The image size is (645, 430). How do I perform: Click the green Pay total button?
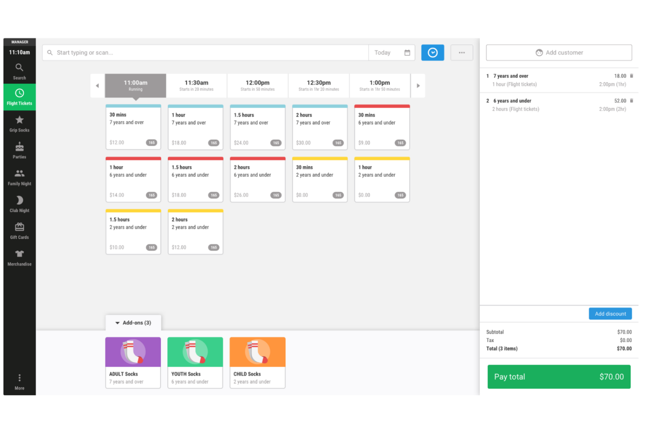coord(558,376)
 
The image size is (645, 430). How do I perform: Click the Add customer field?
coord(558,53)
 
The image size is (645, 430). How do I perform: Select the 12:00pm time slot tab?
coord(257,85)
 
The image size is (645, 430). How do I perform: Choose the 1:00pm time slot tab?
coord(379,85)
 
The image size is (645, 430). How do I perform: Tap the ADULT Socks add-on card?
coord(133,362)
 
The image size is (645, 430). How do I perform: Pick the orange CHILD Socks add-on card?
coord(257,362)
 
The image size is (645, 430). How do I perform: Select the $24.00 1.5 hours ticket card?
coord(257,127)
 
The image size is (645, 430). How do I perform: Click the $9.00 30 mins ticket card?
coord(382,127)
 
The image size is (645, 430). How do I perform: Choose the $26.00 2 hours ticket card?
coord(257,179)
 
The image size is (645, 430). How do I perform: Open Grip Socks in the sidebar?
coord(20,124)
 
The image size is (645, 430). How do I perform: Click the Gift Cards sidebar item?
coord(20,231)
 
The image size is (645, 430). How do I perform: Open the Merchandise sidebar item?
coord(20,258)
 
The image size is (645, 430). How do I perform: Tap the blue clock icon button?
coord(432,53)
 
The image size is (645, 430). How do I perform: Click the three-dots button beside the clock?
coord(462,53)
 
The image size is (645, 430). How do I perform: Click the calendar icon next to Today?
coord(407,53)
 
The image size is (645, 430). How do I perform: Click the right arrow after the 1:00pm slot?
coord(418,86)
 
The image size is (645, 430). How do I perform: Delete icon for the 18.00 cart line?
coord(631,76)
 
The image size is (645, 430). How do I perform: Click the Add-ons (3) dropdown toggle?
coord(133,323)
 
